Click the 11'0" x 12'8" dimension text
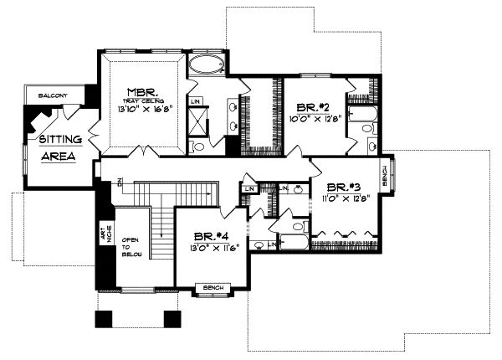tap(344, 199)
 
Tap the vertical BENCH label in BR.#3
tap(384, 176)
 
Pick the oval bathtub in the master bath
tap(205, 66)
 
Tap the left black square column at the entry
tap(105, 318)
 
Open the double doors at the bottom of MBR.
tap(146, 153)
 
